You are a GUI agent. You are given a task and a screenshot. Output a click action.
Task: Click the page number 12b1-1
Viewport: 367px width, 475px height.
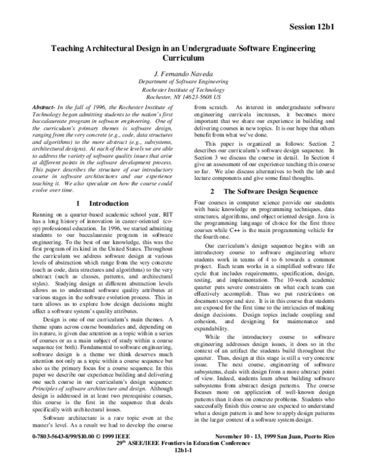coord(183,470)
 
